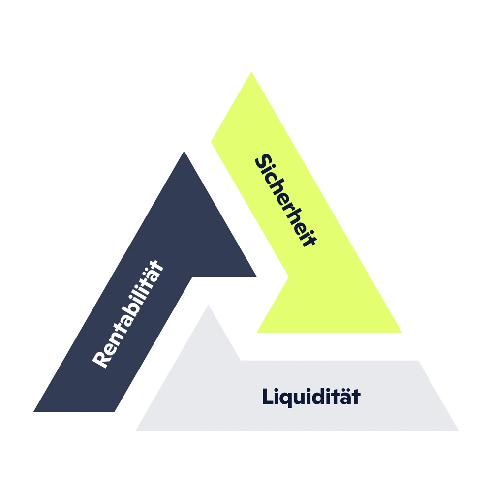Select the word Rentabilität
pyautogui.click(x=128, y=315)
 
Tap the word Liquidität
pyautogui.click(x=311, y=397)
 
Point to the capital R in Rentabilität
pyautogui.click(x=100, y=359)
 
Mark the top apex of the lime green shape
pyautogui.click(x=251, y=72)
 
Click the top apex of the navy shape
pyautogui.click(x=184, y=152)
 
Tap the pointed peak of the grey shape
pyautogui.click(x=208, y=306)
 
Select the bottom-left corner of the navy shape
pyautogui.click(x=34, y=411)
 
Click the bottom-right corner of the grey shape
pyautogui.click(x=458, y=430)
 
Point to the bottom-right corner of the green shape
pyautogui.click(x=401, y=332)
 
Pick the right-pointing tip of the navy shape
pyautogui.click(x=256, y=277)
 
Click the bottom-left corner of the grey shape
pyautogui.click(x=137, y=430)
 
